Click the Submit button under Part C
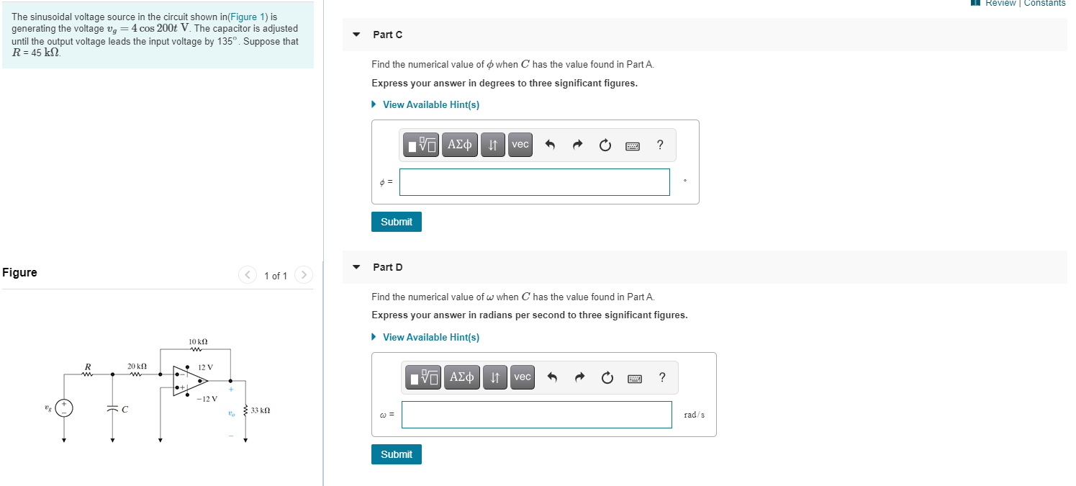[x=396, y=222]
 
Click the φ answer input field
[x=534, y=182]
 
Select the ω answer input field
[x=536, y=415]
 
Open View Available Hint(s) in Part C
[x=430, y=104]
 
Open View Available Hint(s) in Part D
[x=430, y=337]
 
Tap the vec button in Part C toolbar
[x=520, y=145]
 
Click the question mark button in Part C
[x=660, y=145]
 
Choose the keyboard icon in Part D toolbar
[x=635, y=377]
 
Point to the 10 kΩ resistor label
[x=198, y=341]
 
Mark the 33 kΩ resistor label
[x=260, y=410]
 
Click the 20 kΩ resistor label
[x=137, y=366]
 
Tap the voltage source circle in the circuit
[x=64, y=408]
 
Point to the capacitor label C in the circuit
[x=125, y=410]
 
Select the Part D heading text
[x=387, y=267]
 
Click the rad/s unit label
[x=694, y=415]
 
